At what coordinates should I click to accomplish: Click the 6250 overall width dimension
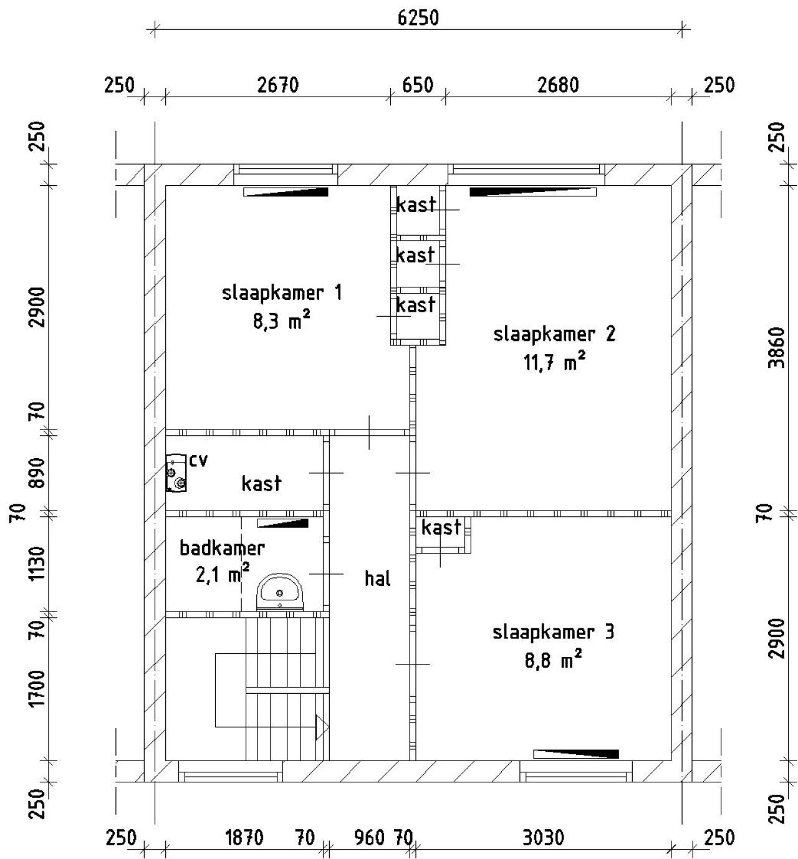pos(418,18)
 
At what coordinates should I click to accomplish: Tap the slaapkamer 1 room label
pos(282,293)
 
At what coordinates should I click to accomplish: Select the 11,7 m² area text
pos(555,362)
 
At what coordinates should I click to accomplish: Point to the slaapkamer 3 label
pos(554,632)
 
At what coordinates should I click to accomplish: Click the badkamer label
pos(222,548)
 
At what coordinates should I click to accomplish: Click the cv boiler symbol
pos(176,473)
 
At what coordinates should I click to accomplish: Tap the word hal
pos(378,578)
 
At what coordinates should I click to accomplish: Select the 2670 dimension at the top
pos(278,85)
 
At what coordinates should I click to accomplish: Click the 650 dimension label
pos(418,85)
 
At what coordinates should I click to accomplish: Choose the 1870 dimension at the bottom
pos(244,838)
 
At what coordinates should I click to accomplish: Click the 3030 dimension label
pos(544,838)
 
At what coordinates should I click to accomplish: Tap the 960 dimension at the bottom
pos(370,838)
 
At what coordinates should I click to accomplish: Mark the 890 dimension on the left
pos(37,473)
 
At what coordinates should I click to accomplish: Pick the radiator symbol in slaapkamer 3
pos(576,754)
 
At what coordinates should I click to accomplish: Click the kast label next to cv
pos(261,483)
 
